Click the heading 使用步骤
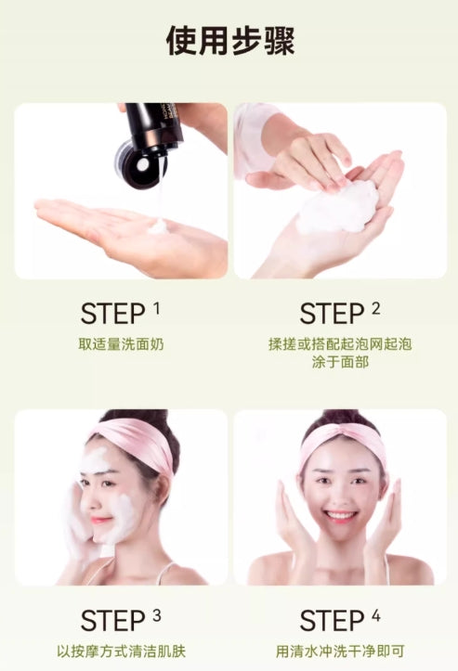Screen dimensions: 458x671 [230, 41]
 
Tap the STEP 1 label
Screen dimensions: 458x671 [121, 313]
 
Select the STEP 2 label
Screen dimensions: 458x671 [340, 313]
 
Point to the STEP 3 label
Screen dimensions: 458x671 [121, 620]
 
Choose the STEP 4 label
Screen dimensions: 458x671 [340, 620]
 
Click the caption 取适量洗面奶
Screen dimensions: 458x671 [121, 344]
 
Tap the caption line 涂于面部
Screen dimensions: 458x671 [340, 362]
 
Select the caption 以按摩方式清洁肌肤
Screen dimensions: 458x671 [122, 652]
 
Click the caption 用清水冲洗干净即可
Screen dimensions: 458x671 [340, 652]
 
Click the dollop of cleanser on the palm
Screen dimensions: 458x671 [158, 226]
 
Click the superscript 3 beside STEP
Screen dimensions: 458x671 [156, 615]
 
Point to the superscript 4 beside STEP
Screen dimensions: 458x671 [375, 615]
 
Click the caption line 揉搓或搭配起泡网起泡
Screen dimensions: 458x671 [340, 344]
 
